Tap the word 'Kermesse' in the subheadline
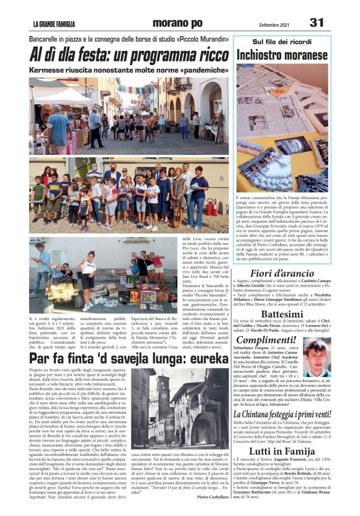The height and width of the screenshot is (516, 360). [x=50, y=70]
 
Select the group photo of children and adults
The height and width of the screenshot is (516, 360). [x=128, y=196]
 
